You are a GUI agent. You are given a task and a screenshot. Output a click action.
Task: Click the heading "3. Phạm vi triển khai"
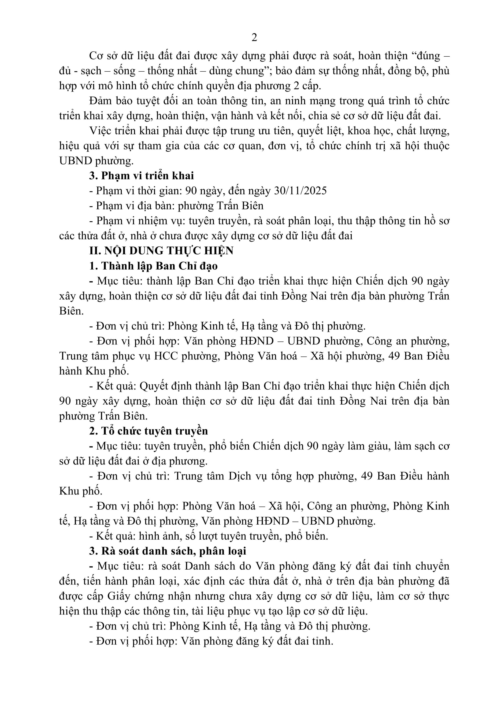[x=141, y=176]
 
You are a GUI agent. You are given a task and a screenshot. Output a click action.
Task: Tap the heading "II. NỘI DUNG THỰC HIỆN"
[x=161, y=251]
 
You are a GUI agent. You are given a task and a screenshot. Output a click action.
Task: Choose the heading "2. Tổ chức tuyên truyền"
[x=148, y=431]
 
